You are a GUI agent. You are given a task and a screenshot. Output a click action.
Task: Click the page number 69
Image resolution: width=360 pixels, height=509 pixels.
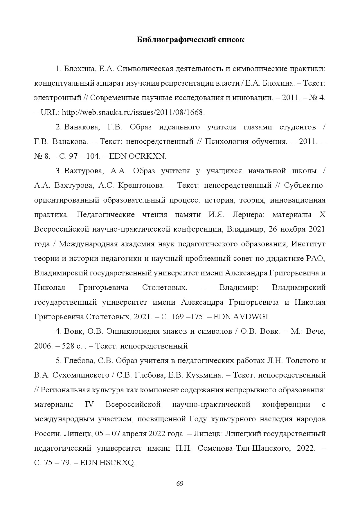coord(180,483)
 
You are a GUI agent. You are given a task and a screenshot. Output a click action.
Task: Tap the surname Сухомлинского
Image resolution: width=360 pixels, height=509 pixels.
coord(78,375)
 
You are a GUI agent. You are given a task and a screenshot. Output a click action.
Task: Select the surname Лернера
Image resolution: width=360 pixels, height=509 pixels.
coord(250,215)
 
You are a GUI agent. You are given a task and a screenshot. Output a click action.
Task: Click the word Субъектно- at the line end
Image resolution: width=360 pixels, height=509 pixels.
coord(305,185)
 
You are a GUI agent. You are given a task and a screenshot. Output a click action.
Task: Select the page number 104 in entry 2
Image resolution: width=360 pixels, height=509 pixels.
coord(93,156)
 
